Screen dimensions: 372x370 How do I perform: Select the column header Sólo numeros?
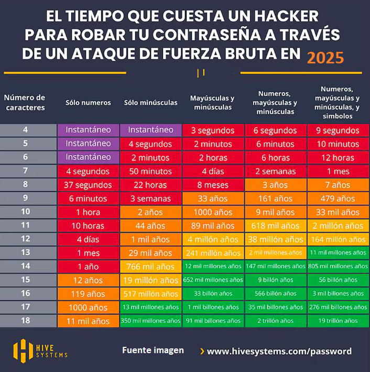[88, 103]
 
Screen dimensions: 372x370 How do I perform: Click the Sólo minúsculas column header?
[150, 103]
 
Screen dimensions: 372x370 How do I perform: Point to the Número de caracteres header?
[25, 103]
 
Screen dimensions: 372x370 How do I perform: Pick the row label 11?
[25, 225]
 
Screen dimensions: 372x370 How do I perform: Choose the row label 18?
[25, 321]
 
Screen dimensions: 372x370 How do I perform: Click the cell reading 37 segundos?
[88, 185]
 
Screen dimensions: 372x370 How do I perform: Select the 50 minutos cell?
[150, 171]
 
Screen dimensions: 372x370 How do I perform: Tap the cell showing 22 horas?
[150, 185]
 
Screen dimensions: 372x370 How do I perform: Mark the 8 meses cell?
[212, 185]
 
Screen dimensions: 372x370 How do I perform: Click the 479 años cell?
[338, 199]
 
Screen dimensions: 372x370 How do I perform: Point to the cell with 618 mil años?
[275, 226]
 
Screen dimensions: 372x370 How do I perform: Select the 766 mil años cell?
[150, 267]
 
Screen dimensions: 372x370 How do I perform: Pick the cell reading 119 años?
[88, 294]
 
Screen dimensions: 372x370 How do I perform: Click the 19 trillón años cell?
[338, 321]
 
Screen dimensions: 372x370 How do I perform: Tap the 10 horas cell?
[88, 226]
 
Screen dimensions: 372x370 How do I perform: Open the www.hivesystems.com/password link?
[279, 351]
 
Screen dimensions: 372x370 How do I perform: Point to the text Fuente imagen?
[153, 350]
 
